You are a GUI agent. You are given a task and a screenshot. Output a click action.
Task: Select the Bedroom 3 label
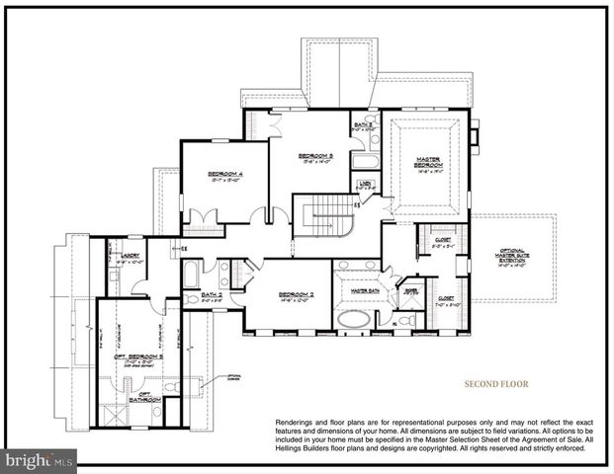click(x=316, y=155)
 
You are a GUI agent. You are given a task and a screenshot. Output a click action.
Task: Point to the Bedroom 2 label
click(x=296, y=294)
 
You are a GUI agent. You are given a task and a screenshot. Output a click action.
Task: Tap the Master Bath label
click(x=366, y=291)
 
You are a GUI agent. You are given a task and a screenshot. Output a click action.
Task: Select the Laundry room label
click(x=132, y=254)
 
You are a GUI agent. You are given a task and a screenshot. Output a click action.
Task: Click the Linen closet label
click(x=365, y=184)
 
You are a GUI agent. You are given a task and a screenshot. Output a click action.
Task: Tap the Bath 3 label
click(x=364, y=124)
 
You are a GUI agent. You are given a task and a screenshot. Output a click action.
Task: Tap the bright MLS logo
click(x=39, y=460)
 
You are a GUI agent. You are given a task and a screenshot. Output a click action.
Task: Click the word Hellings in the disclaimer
click(x=297, y=447)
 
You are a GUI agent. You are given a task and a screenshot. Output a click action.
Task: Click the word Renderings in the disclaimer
click(x=297, y=421)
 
